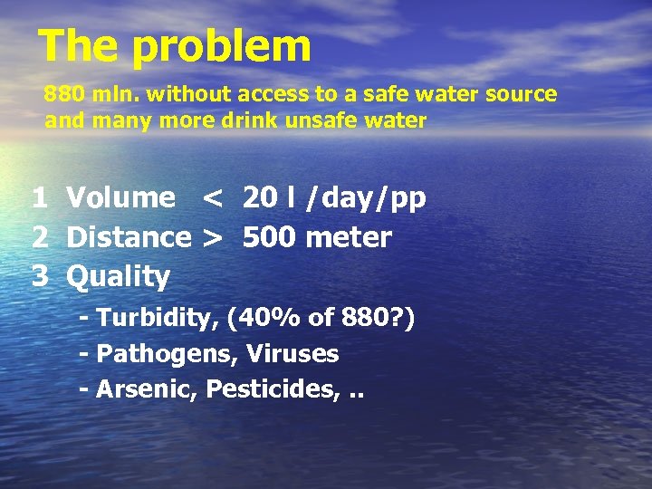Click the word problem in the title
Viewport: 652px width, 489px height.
(222, 46)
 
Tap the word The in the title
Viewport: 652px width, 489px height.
(79, 45)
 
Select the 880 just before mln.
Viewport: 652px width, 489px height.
(62, 94)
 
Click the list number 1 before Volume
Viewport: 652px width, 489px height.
(40, 198)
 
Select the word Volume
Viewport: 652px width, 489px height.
(121, 198)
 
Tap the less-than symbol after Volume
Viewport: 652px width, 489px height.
(212, 198)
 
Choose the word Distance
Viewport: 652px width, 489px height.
(129, 238)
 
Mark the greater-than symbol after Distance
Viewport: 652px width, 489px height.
(212, 238)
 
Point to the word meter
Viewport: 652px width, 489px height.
(350, 238)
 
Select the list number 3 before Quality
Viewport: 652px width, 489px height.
(40, 276)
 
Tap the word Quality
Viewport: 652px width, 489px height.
(119, 277)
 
